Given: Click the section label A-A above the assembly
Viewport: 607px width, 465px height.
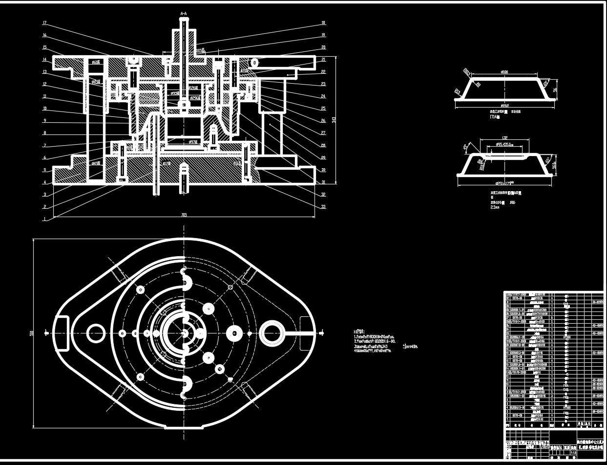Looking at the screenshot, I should (184, 13).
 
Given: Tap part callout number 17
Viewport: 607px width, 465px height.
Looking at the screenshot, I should (44, 23).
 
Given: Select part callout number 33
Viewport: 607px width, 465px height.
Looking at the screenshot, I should (323, 206).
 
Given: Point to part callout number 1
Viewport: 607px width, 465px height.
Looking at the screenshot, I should (44, 219).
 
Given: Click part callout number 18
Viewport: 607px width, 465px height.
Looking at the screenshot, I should (323, 23).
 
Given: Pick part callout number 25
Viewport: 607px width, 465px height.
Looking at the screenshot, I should (323, 109).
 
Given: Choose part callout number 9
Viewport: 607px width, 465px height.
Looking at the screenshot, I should (44, 121).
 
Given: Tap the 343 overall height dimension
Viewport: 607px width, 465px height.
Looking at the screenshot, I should (334, 120).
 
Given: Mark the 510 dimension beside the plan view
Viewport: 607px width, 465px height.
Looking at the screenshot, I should (31, 333).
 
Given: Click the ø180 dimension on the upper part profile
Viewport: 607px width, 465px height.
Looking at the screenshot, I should (504, 72).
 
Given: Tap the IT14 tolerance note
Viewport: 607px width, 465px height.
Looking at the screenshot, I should (494, 117).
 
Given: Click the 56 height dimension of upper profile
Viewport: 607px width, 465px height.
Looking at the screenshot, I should (555, 89).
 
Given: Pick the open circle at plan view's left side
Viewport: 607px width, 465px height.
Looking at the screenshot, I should (95, 333).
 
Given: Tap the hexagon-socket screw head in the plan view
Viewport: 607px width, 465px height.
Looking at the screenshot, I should (234, 333).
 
